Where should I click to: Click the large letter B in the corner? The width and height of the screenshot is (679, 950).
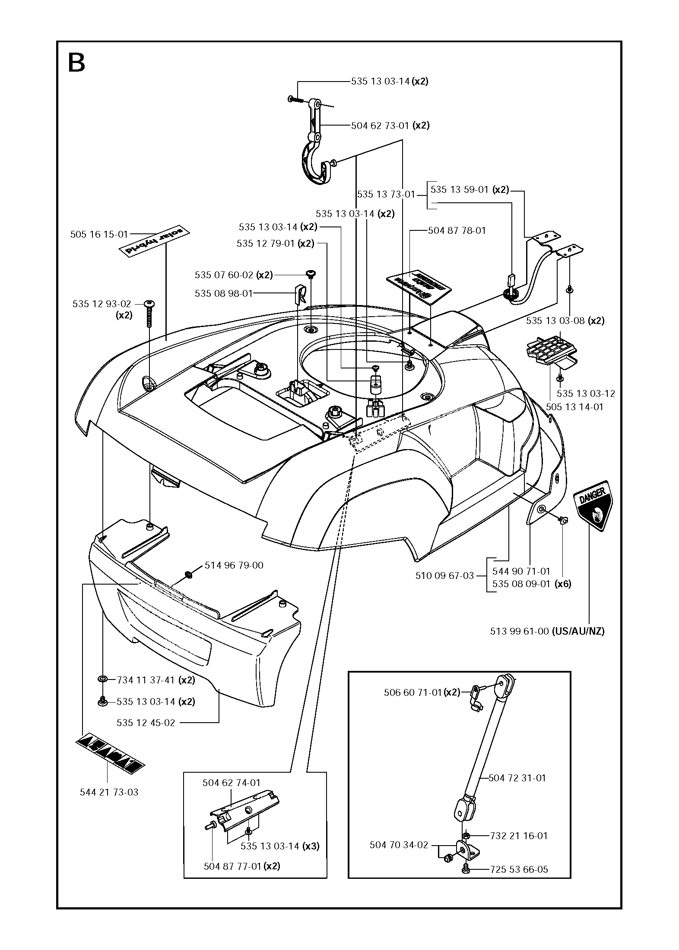tap(77, 63)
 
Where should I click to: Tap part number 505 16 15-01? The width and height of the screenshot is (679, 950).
tap(99, 235)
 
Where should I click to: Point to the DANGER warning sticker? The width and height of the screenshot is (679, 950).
tap(594, 506)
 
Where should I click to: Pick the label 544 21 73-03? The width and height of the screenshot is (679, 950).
tap(109, 792)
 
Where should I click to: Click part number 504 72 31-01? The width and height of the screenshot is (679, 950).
tap(517, 778)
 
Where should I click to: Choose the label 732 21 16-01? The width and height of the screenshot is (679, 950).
tap(518, 836)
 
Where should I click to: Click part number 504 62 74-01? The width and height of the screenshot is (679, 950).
tap(231, 783)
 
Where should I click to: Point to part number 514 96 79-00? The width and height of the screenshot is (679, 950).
tap(234, 565)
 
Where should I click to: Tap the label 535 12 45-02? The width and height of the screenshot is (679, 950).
tap(146, 723)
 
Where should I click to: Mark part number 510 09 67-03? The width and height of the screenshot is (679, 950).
tap(444, 576)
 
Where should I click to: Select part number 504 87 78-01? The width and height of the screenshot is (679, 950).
tap(457, 231)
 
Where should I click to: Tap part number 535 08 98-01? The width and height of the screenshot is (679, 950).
tap(223, 294)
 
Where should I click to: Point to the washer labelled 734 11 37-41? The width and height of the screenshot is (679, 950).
tap(103, 680)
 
